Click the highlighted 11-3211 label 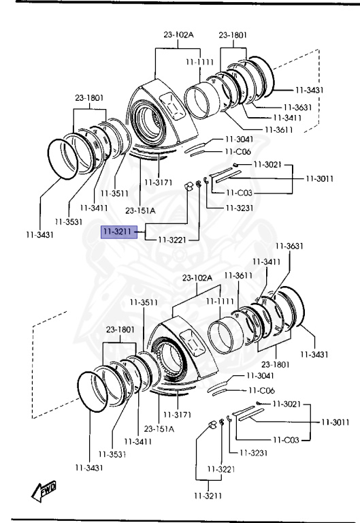click(119, 232)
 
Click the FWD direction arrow click(44, 491)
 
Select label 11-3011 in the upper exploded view click(320, 179)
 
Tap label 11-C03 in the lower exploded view click(286, 440)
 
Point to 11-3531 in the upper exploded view click(69, 222)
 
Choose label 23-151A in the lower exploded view click(159, 429)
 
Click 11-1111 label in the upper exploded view click(199, 62)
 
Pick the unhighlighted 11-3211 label click(208, 496)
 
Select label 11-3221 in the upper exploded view click(172, 240)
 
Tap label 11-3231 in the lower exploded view click(253, 453)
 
